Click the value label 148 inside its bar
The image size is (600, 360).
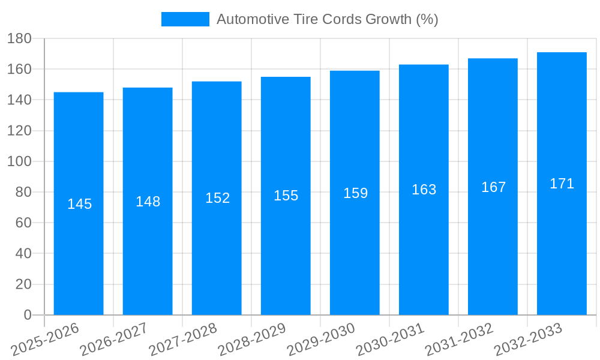point(148,202)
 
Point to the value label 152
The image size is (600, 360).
point(217,198)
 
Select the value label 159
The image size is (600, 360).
point(355,193)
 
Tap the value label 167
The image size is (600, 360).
point(493,187)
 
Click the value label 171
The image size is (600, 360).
point(562,184)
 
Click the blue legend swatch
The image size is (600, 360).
point(185,19)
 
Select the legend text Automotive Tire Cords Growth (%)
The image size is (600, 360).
point(327,19)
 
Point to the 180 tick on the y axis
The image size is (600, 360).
point(20,38)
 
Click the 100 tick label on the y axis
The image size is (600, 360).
point(20,161)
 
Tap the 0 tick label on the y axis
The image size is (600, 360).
point(27,315)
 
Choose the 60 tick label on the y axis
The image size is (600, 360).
point(23,223)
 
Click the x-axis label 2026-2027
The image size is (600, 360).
point(115,338)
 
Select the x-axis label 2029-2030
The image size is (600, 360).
point(322,338)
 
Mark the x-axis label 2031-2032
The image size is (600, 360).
point(460,338)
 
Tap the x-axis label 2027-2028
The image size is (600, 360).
point(184,338)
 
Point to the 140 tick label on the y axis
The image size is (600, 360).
point(20,100)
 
